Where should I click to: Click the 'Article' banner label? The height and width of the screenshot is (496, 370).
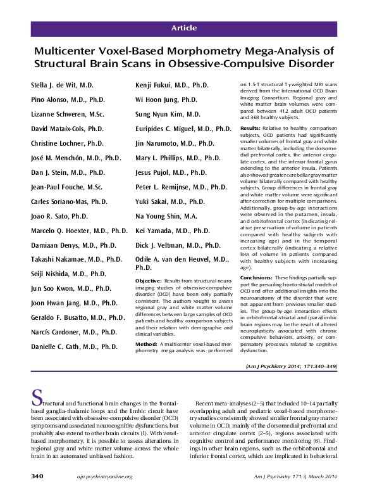pyautogui.click(x=185, y=29)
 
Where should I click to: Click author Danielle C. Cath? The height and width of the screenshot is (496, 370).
pyautogui.click(x=75, y=347)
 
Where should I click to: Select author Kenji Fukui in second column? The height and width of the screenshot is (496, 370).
pyautogui.click(x=171, y=84)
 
